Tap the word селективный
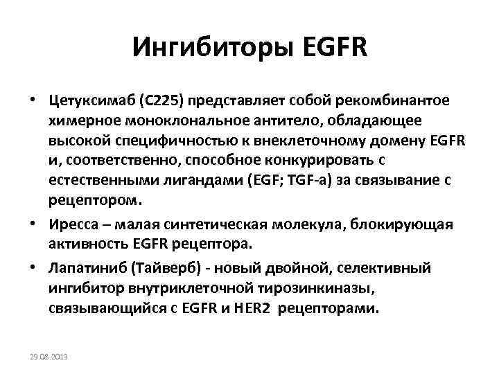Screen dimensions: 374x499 tap(392, 267)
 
